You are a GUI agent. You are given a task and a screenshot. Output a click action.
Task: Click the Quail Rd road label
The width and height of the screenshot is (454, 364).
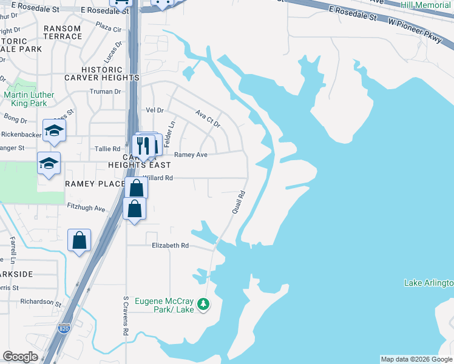coord(238,202)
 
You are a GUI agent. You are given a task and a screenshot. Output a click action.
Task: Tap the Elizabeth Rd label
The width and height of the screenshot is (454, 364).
coord(170,246)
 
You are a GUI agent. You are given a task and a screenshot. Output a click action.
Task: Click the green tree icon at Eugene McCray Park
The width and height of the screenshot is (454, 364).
coord(205,303)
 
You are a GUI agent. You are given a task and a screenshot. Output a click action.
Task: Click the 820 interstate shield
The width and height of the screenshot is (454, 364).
coord(64,329)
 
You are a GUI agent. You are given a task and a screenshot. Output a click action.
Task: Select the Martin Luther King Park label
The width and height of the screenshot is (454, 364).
coord(29,99)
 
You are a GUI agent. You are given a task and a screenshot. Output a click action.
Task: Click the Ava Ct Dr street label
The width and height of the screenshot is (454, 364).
coord(208,118)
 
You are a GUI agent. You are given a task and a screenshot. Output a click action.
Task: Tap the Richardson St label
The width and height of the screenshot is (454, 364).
coord(37,302)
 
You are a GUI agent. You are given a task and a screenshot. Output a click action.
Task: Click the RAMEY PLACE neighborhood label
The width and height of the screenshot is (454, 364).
coord(94,184)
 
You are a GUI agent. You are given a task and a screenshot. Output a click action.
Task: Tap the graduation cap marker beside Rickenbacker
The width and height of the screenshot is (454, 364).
coord(54,130)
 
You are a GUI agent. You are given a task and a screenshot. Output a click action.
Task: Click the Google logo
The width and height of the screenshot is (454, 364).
coord(20,357)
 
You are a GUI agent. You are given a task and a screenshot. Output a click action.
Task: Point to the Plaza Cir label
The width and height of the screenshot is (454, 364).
coord(109,29)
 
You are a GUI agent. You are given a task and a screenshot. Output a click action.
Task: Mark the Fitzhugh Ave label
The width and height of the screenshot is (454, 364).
coord(86,208)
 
